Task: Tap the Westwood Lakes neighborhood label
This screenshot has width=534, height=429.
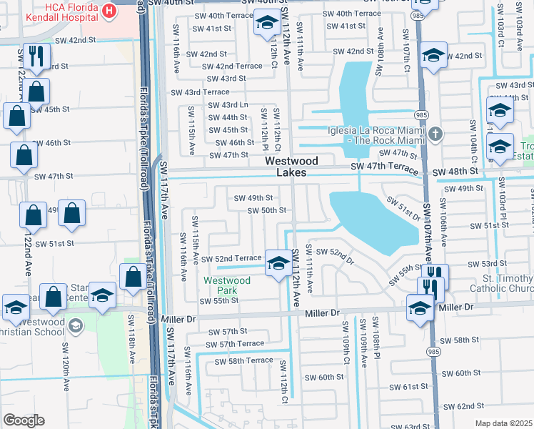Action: click(291, 167)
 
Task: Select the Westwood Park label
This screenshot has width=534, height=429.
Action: click(227, 286)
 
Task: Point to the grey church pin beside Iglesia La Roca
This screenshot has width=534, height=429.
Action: click(436, 134)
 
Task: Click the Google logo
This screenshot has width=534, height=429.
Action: click(23, 420)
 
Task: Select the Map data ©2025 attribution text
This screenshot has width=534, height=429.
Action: click(503, 423)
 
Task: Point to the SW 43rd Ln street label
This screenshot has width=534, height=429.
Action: click(227, 105)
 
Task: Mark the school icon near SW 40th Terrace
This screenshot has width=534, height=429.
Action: click(266, 24)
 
